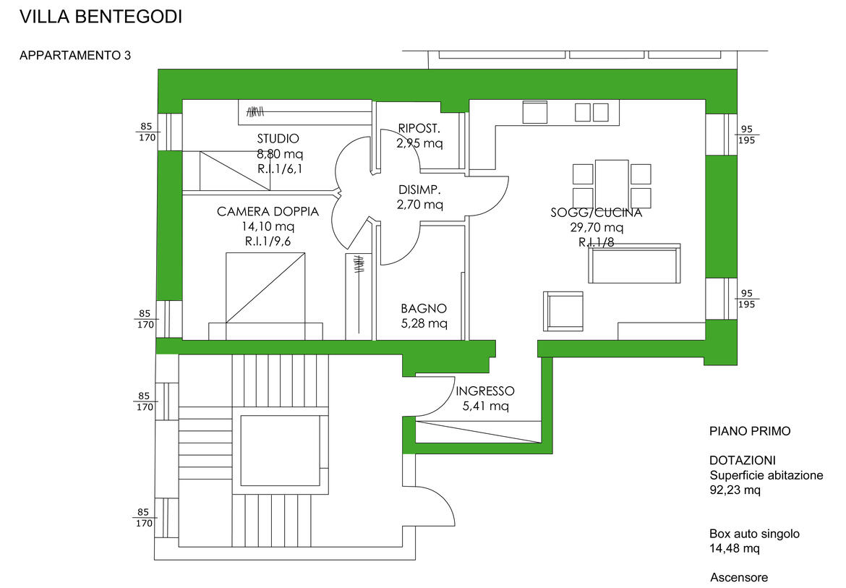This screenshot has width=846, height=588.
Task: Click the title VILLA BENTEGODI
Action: [101, 17]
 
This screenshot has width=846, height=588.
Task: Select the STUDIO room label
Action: [278, 139]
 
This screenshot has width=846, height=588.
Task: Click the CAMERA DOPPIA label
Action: [268, 212]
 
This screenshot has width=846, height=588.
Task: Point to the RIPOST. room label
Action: [419, 129]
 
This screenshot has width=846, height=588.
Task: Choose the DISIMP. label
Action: [419, 190]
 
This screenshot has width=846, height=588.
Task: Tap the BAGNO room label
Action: [424, 308]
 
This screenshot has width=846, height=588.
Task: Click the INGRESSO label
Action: [484, 391]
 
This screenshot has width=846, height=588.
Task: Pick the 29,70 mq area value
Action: [597, 227]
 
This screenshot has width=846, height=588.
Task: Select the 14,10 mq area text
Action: [268, 226]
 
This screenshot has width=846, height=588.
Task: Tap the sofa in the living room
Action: [634, 264]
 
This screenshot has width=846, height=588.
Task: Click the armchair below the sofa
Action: [563, 311]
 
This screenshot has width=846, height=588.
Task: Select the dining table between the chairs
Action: [612, 184]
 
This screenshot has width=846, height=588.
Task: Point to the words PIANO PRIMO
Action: [750, 431]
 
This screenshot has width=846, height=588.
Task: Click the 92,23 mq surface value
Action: [735, 490]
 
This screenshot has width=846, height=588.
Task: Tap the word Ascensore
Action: [739, 577]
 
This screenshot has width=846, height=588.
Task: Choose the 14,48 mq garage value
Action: [735, 548]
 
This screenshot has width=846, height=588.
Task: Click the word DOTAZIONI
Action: [743, 461]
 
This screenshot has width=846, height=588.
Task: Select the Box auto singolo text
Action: [754, 534]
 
